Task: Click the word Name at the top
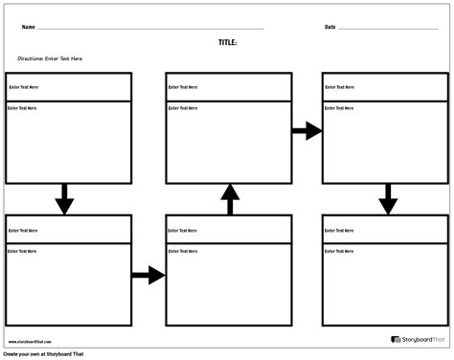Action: [29, 27]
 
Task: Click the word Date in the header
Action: [330, 27]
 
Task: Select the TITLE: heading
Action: [227, 43]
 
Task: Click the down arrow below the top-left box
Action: [64, 198]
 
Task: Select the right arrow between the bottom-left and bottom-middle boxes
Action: [148, 276]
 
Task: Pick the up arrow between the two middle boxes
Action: [229, 199]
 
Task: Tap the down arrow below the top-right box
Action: [387, 198]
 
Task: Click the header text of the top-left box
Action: [23, 87]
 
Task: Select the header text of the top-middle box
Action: [184, 87]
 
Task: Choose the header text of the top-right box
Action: [341, 87]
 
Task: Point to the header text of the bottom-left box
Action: [23, 231]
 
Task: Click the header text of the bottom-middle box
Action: [184, 231]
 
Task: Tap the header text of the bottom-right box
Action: [341, 231]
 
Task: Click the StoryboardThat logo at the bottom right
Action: [418, 339]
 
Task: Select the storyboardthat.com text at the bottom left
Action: [31, 341]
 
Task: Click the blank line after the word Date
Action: [388, 29]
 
